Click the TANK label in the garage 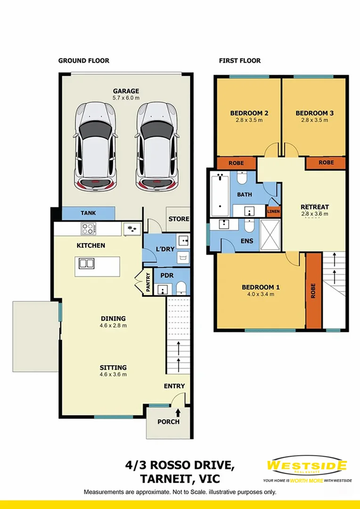click(x=88, y=213)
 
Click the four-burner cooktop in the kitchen click(x=89, y=229)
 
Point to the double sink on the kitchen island click(x=87, y=263)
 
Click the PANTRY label click(x=148, y=282)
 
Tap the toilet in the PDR click(x=181, y=288)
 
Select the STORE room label click(x=179, y=219)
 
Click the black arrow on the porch click(x=178, y=412)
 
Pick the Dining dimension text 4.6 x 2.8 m click(x=113, y=325)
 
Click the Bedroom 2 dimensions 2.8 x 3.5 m click(x=249, y=120)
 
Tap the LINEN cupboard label click(x=273, y=211)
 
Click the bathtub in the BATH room click(x=220, y=195)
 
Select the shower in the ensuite click(x=270, y=235)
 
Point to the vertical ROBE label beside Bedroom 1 click(x=313, y=290)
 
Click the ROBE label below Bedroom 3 click(x=326, y=162)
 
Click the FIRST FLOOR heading click(x=239, y=61)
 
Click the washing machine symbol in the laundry click(x=183, y=257)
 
